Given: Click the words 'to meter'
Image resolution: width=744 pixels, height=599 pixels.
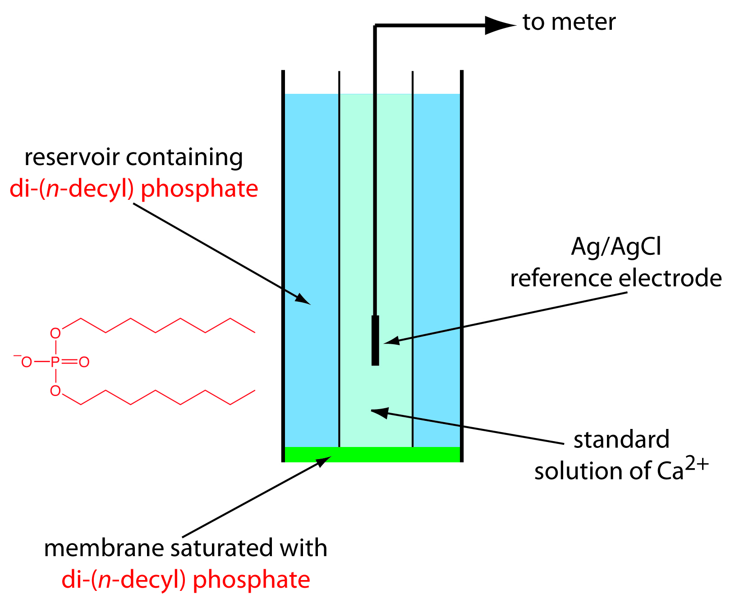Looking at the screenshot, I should coord(569,23).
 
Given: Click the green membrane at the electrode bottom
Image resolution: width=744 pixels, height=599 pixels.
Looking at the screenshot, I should coord(372,454).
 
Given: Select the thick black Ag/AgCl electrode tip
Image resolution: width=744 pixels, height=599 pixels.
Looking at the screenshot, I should coord(375,340).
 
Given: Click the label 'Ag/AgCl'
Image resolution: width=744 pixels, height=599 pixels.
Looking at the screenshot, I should coord(616,247).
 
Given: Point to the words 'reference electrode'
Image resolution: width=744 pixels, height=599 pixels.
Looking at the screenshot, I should coord(616,278).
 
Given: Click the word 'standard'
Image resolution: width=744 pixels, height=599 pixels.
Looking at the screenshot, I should coord(621,440).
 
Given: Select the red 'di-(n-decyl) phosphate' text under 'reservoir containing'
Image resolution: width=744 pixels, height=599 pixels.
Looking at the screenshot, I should coord(134,189).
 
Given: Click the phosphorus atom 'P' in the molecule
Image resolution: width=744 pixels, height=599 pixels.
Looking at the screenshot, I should coord(55,362).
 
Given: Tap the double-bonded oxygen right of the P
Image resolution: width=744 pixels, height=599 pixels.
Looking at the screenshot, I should coord(84,362).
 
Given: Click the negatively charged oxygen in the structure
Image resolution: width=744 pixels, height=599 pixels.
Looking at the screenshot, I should coord(26,362).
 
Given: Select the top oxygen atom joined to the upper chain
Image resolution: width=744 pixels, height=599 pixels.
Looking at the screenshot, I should coord(55,333).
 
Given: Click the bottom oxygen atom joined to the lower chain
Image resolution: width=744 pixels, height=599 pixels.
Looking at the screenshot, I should coord(55,391).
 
